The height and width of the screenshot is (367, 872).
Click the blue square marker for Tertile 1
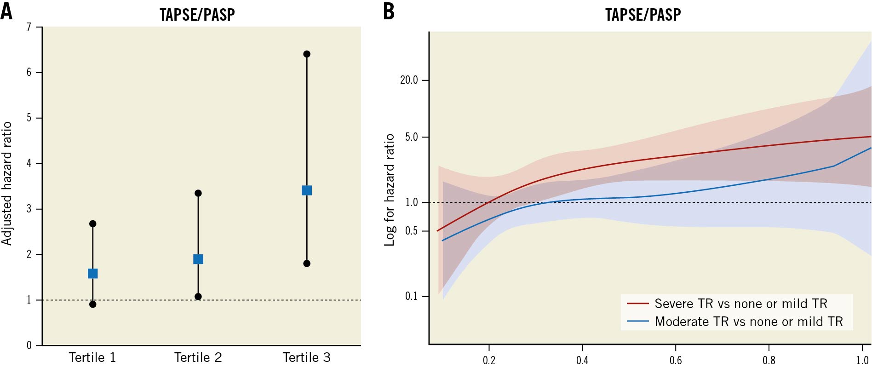click(x=92, y=274)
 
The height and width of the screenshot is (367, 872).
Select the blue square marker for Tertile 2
click(x=198, y=259)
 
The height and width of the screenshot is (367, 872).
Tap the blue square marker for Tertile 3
click(x=307, y=190)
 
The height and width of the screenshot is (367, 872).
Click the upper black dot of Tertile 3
click(x=307, y=54)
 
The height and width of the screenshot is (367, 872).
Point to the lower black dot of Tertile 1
click(x=92, y=304)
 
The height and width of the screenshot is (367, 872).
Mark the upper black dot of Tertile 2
click(x=198, y=193)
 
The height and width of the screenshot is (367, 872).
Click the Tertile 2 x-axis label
click(x=198, y=357)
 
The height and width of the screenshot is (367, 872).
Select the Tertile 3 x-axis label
click(x=306, y=357)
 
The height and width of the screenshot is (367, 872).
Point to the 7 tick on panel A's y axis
click(x=29, y=27)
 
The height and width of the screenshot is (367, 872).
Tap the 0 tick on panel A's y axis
click(x=29, y=345)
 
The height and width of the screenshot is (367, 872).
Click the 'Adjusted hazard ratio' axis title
click(x=7, y=183)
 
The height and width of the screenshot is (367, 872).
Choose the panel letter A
click(x=6, y=11)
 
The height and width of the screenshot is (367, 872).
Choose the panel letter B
click(x=389, y=11)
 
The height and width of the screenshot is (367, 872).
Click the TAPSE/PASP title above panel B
click(x=643, y=15)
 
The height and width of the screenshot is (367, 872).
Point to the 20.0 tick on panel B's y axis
click(x=409, y=80)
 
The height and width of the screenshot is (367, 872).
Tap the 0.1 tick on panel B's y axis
click(x=411, y=296)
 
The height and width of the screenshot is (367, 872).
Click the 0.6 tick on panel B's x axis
click(x=676, y=360)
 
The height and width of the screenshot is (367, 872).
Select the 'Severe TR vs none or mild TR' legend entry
click(x=740, y=304)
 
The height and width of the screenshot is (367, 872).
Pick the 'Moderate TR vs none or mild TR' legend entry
click(x=748, y=321)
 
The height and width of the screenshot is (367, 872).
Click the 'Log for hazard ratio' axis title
click(x=390, y=189)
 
